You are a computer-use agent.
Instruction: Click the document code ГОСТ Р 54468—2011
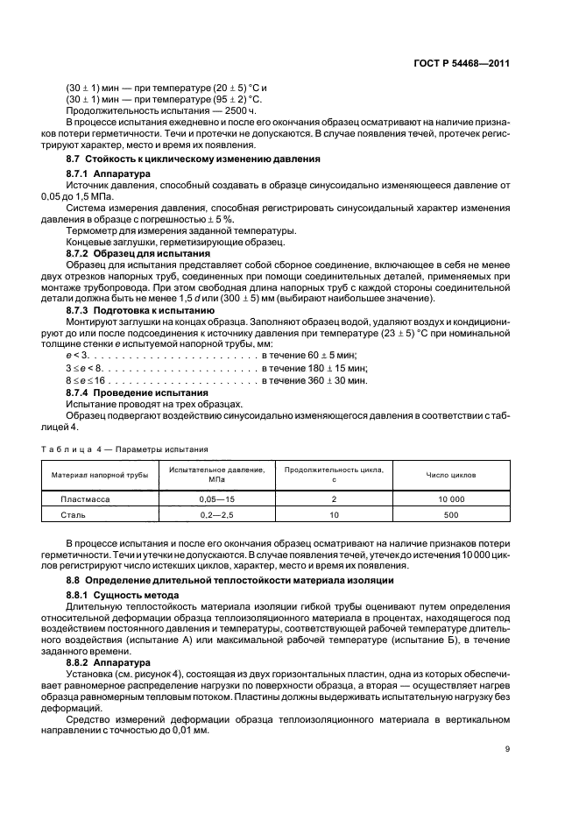coord(462,64)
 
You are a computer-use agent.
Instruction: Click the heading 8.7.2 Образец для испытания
coord(134,252)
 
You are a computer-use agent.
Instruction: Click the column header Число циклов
coord(451,475)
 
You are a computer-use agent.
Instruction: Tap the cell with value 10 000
coord(451,498)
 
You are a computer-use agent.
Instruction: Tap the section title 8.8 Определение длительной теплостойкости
coord(230,580)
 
